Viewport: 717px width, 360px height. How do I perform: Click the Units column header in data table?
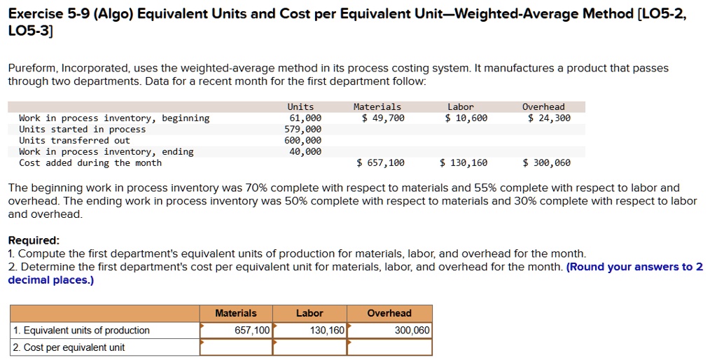point(300,107)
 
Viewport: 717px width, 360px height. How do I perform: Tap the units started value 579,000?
point(302,130)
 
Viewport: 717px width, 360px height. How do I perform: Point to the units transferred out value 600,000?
point(302,141)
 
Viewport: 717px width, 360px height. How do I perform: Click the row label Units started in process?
point(83,130)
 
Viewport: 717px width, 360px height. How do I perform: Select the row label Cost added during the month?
point(90,163)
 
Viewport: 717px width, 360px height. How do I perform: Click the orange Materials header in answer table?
point(235,313)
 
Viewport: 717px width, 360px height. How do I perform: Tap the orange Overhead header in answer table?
point(389,313)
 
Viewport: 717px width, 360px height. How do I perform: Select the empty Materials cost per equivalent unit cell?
point(235,347)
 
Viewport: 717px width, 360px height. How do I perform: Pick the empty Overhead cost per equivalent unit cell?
point(389,347)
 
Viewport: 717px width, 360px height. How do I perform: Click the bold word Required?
point(33,240)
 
